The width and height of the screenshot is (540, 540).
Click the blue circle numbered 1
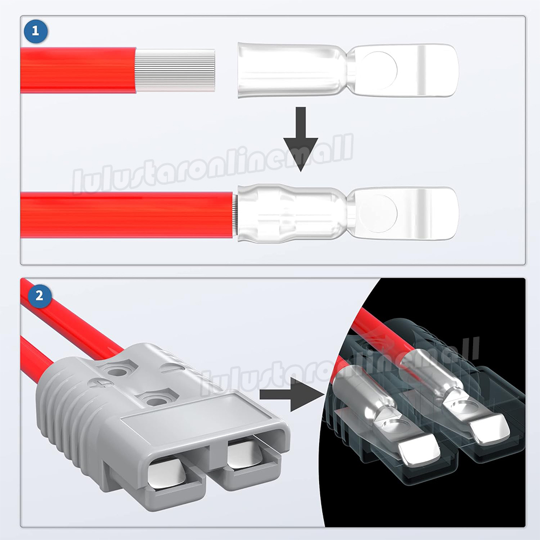[x=36, y=32]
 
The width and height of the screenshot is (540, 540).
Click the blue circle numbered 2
[x=39, y=296]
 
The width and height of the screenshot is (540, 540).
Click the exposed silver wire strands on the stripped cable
[x=175, y=70]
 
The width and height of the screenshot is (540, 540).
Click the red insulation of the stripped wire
[x=78, y=71]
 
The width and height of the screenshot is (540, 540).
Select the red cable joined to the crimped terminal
[x=127, y=214]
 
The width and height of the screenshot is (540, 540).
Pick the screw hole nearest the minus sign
[x=118, y=372]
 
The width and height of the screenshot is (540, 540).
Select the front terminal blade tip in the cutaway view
[x=420, y=450]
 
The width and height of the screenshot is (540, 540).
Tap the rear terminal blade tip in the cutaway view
[x=490, y=428]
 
